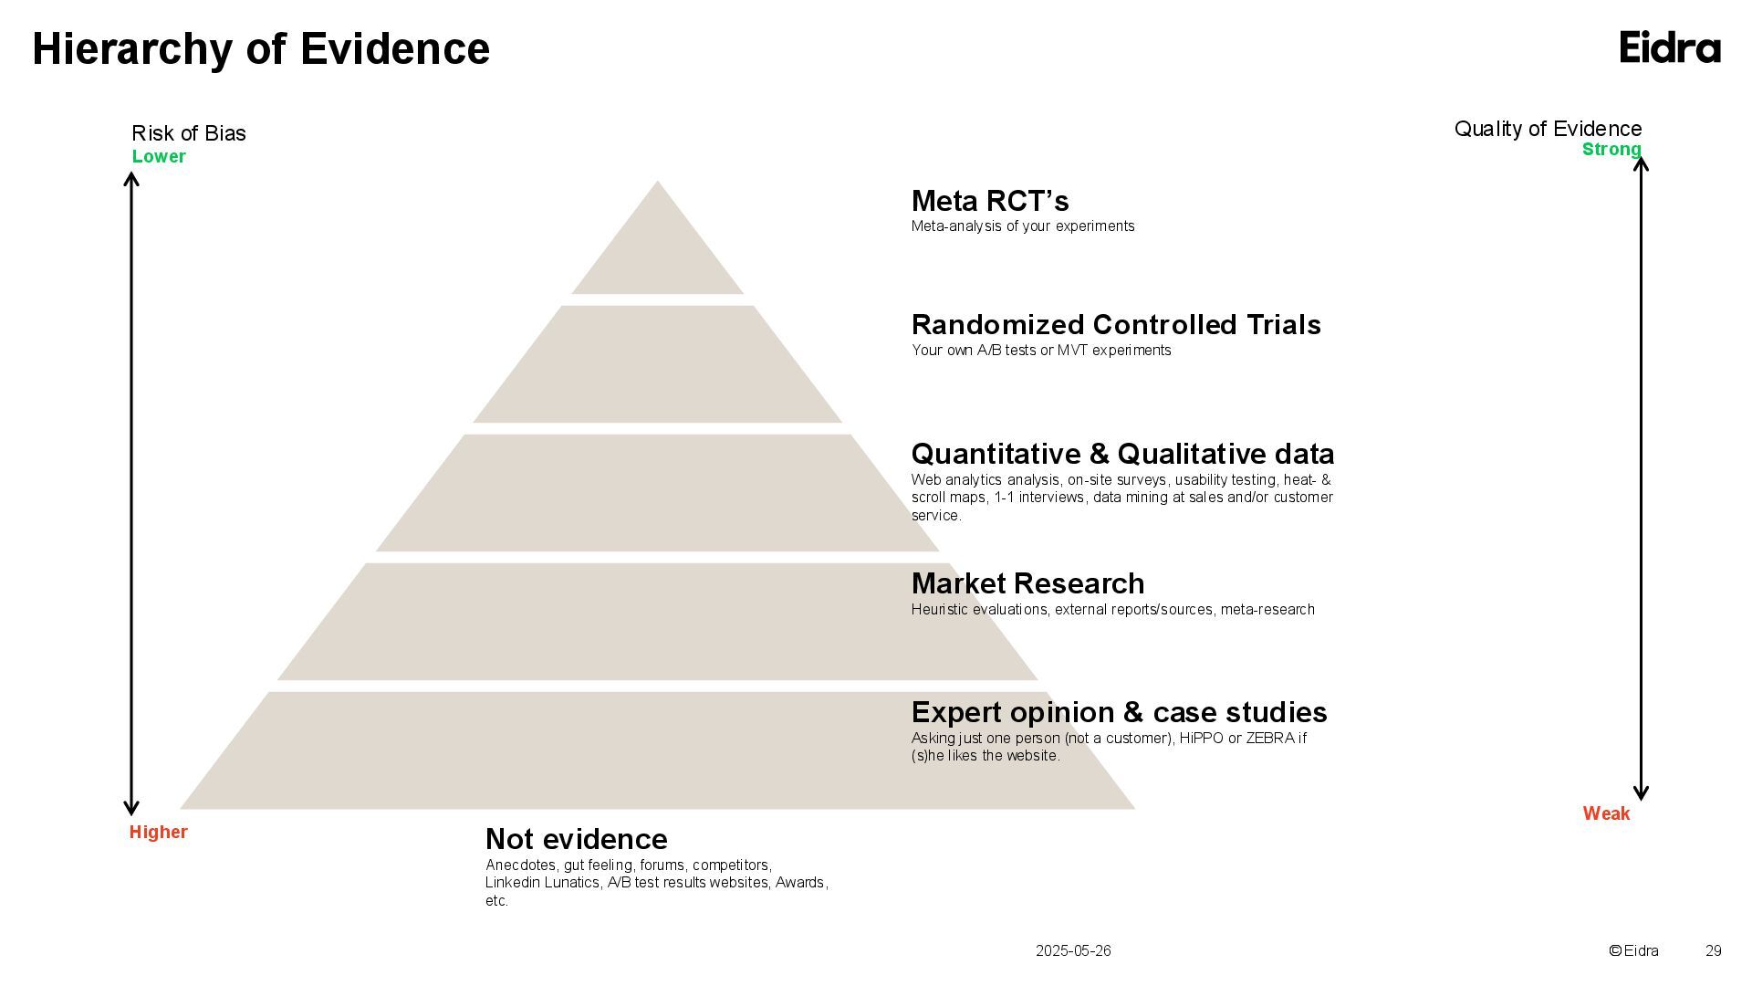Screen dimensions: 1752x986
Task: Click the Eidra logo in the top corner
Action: (x=1670, y=47)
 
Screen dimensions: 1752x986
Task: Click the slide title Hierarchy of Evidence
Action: (x=261, y=48)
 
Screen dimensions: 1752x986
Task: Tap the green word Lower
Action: (x=159, y=156)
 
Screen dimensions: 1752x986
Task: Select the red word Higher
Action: (x=158, y=832)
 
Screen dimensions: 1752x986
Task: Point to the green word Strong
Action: (x=1611, y=150)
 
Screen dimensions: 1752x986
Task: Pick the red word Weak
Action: (x=1606, y=813)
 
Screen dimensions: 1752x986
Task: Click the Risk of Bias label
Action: (x=189, y=133)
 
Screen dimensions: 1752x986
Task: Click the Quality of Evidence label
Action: (x=1548, y=129)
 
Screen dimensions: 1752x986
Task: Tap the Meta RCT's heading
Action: (x=990, y=201)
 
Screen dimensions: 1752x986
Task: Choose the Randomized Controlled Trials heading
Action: (x=1116, y=325)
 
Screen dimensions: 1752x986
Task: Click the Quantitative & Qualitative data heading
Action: (x=1122, y=454)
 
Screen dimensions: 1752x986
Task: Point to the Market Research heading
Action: (x=1027, y=583)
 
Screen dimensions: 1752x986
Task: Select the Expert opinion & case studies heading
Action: (x=1119, y=712)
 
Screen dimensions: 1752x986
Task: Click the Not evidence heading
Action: (x=576, y=839)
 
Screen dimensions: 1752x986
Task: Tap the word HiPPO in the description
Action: (x=1201, y=738)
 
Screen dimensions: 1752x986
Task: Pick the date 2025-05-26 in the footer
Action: (x=1073, y=950)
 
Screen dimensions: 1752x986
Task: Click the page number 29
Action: (x=1713, y=950)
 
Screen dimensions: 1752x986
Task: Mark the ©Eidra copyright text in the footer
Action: (x=1633, y=950)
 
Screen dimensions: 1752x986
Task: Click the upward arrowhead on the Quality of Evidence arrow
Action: (x=1641, y=164)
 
